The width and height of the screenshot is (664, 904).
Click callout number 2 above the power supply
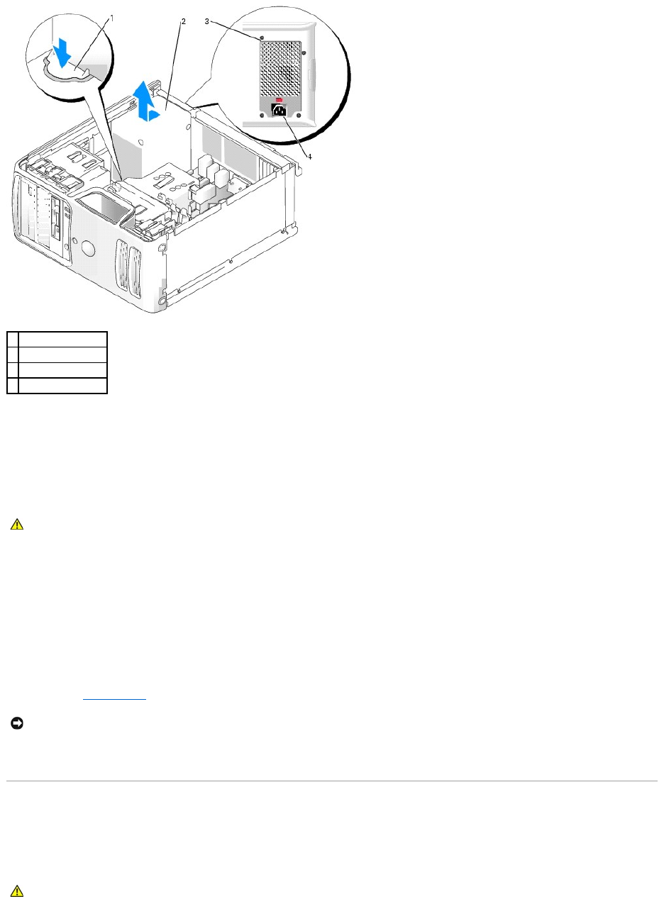183,21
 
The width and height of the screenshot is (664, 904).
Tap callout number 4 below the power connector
309,136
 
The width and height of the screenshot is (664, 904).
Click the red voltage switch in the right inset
279,100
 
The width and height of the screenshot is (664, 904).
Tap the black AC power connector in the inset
279,112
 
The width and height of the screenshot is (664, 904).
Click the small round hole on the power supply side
149,140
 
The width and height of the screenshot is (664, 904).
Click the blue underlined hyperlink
114,697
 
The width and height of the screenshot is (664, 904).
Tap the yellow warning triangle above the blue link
17,525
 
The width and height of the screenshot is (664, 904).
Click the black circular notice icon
16,722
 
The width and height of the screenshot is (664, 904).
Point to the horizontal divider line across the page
332,781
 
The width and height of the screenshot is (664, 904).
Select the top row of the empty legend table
57,338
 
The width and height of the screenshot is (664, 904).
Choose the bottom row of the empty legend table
57,385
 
